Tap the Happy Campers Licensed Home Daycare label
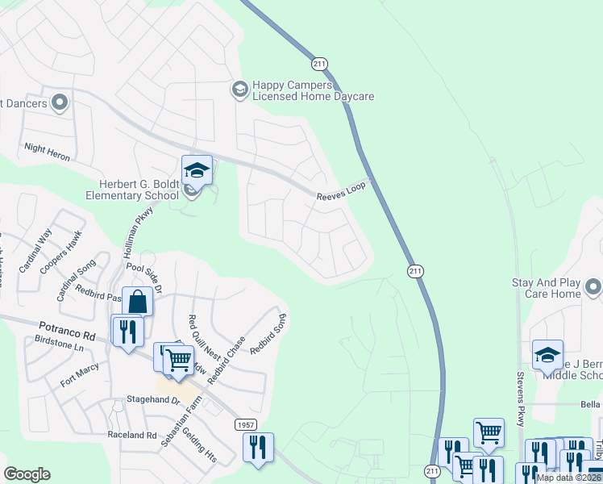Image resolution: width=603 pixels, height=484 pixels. (x=313, y=90)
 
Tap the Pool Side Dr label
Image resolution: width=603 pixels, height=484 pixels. (x=145, y=277)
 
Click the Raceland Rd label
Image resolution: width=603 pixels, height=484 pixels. (x=132, y=435)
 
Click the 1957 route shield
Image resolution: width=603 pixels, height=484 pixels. (x=247, y=424)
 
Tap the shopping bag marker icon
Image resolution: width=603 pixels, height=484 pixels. (x=139, y=302)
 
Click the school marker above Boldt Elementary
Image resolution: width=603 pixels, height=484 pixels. (x=197, y=169)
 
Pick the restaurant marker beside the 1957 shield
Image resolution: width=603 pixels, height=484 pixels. (x=258, y=447)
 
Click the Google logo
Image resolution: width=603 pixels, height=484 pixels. (x=27, y=474)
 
